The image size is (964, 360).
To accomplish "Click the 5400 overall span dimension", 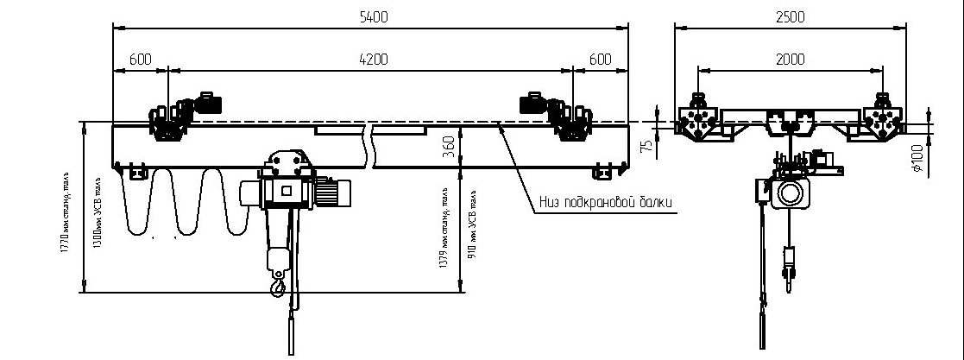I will pyautogui.click(x=369, y=16).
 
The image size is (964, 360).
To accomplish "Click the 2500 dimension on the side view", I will pyautogui.click(x=790, y=16).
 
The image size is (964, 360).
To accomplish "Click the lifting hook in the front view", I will pyautogui.click(x=277, y=282).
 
